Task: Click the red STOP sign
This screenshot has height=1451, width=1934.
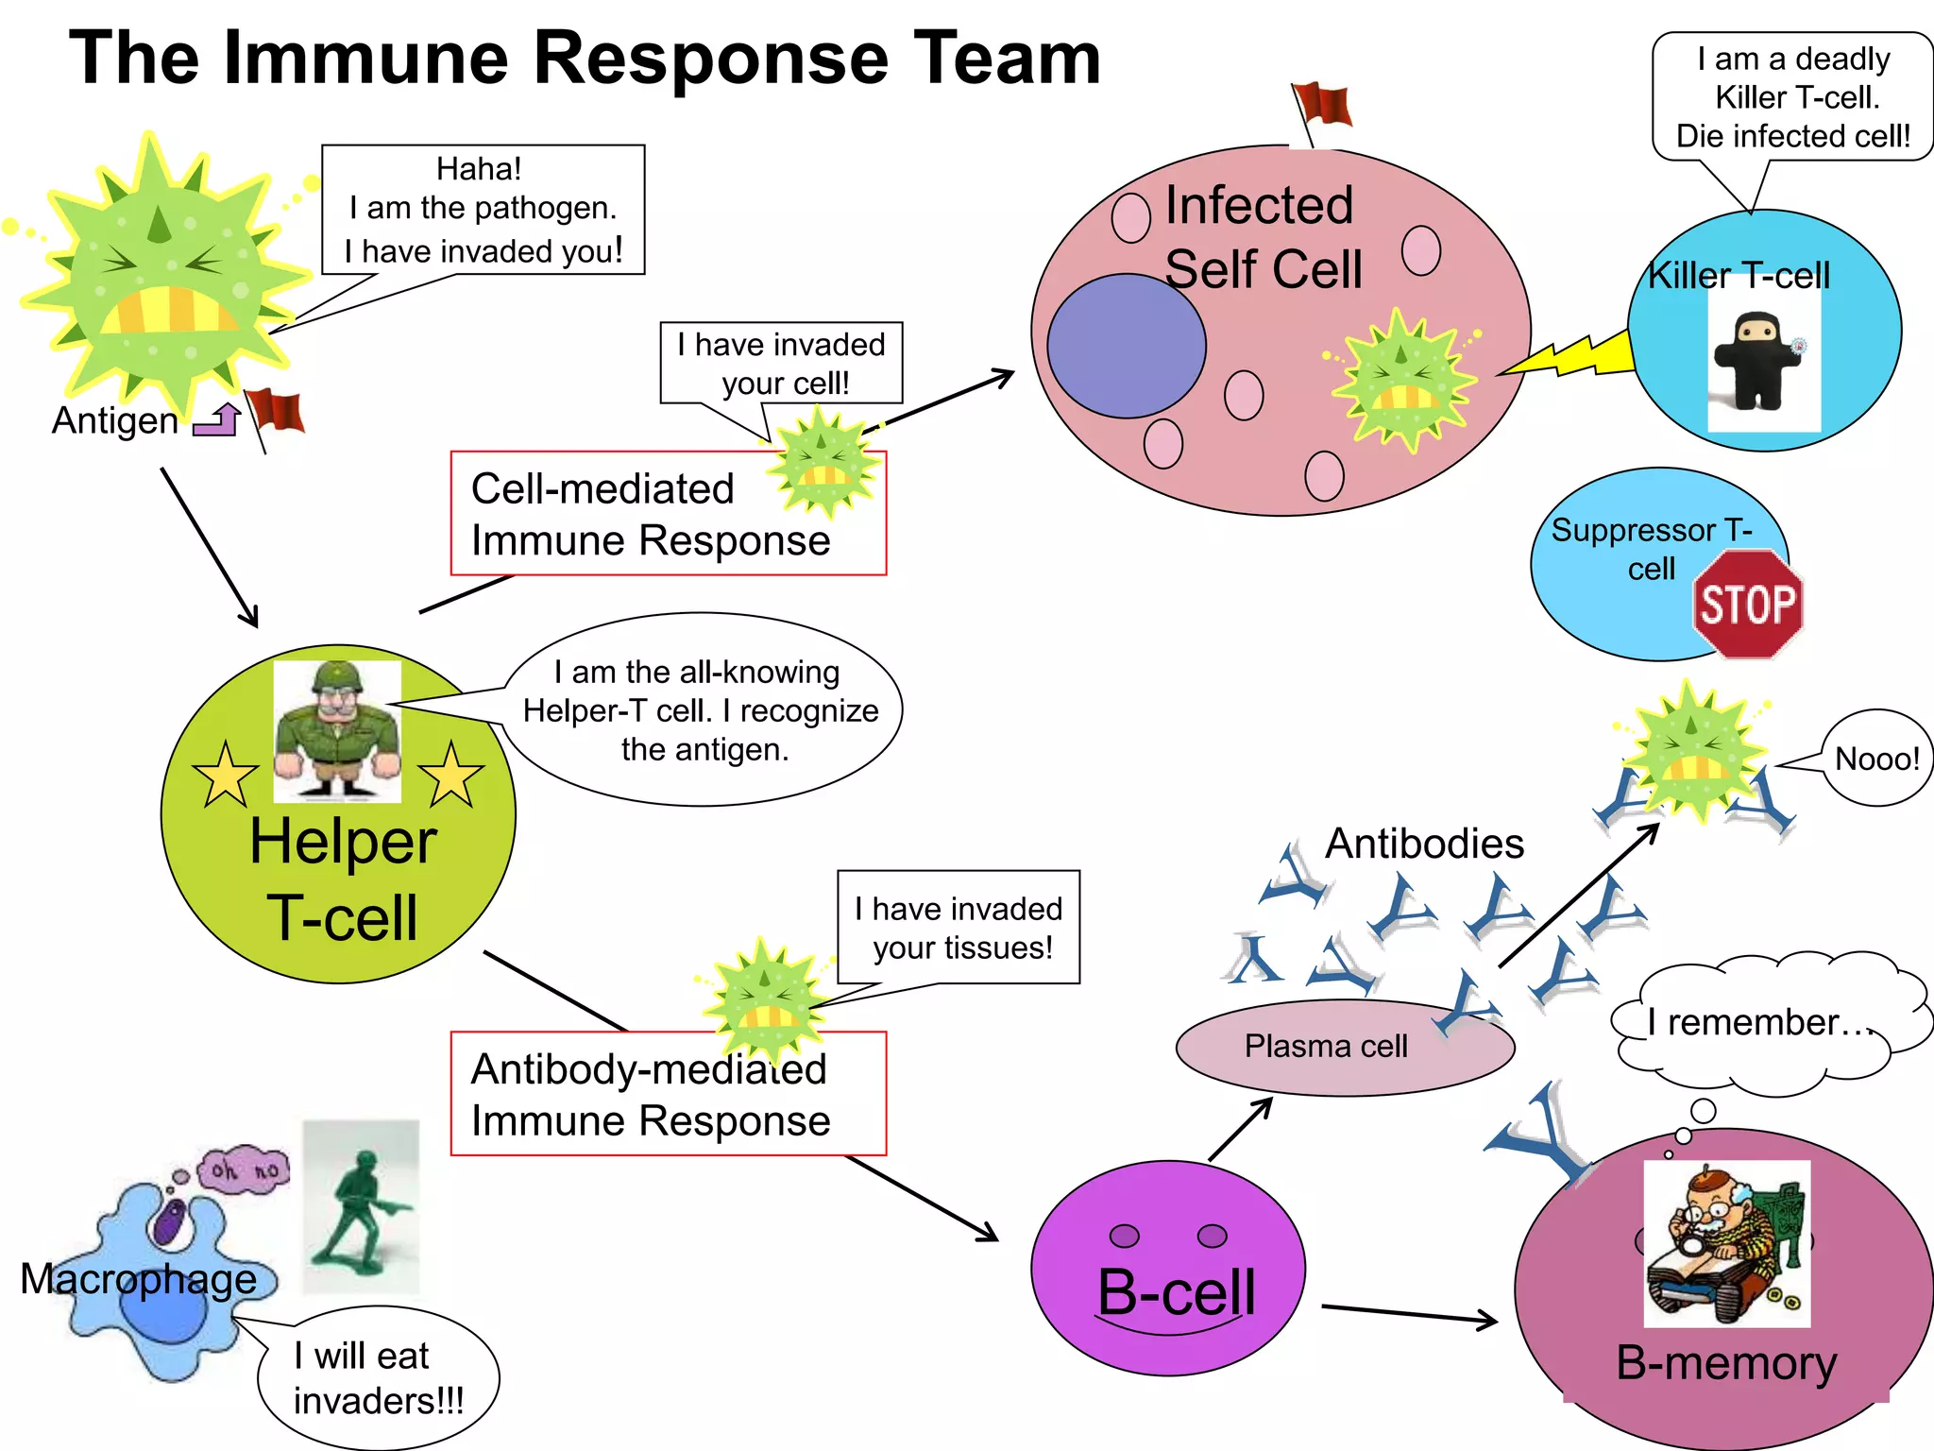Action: click(x=1747, y=605)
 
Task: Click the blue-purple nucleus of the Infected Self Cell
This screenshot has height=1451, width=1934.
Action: click(x=1126, y=346)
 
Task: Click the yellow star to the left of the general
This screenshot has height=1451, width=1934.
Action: click(x=225, y=775)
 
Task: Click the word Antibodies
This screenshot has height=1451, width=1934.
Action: click(x=1424, y=844)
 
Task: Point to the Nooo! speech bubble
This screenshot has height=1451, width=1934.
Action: click(x=1876, y=759)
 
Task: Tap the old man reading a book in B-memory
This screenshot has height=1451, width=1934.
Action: click(x=1726, y=1243)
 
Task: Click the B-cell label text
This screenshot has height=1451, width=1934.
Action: click(x=1177, y=1292)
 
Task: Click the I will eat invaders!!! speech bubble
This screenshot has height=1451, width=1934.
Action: click(x=378, y=1377)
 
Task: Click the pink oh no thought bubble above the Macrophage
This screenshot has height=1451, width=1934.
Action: click(x=244, y=1169)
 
